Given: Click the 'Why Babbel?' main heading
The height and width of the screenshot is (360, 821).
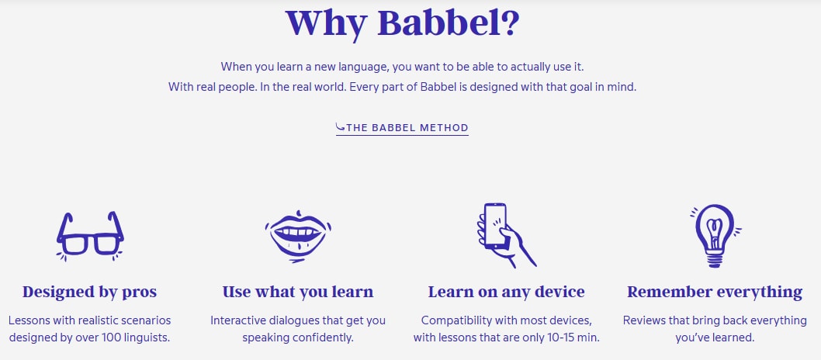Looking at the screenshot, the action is [x=403, y=22].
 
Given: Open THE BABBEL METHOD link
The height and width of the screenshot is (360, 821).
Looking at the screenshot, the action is [x=402, y=128].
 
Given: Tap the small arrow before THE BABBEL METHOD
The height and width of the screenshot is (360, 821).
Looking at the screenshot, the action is [x=341, y=127].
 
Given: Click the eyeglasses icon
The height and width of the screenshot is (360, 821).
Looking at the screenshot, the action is [x=90, y=235].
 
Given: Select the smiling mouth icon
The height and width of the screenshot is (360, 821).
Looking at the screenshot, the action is [x=298, y=236].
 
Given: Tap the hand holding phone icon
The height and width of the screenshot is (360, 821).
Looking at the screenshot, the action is [x=505, y=235].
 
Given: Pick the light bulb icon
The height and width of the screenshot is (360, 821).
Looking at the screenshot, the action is [x=714, y=235].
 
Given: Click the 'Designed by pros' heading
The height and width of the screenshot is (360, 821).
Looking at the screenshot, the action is [x=89, y=292].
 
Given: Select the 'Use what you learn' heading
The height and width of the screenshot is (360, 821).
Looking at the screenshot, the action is [x=298, y=292].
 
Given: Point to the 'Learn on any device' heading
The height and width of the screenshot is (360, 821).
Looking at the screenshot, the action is [x=506, y=292].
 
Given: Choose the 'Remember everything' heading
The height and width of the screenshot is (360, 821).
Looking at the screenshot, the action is [x=715, y=292].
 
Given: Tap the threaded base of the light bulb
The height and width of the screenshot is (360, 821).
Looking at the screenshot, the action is [x=715, y=260].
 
